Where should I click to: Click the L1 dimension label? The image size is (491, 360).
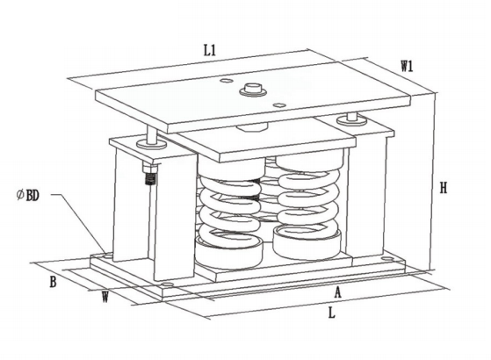210,50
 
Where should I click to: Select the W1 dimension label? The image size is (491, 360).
408,66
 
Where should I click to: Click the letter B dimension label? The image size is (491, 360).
53,282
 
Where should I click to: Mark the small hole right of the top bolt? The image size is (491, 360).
278,104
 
